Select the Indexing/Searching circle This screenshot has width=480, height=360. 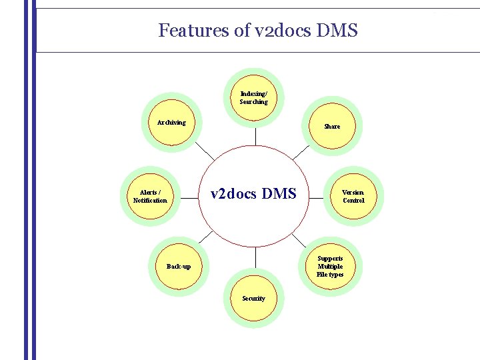[x=254, y=98]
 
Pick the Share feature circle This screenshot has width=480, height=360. [x=332, y=126]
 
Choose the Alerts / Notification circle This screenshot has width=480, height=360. [x=150, y=196]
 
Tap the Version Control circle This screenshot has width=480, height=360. [x=353, y=196]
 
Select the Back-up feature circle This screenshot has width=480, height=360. [x=178, y=267]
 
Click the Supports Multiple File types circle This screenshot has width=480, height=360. [x=330, y=266]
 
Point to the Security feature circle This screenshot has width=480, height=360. [x=254, y=298]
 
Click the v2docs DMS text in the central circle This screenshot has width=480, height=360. [x=253, y=194]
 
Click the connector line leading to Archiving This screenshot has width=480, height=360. [x=204, y=150]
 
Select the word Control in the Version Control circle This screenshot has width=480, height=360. [x=353, y=200]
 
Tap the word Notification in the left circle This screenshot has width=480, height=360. [x=150, y=200]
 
